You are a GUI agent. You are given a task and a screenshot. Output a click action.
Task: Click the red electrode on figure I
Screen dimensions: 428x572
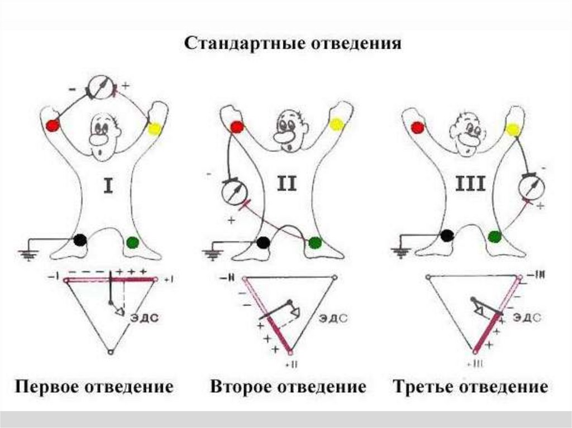pos(53,124)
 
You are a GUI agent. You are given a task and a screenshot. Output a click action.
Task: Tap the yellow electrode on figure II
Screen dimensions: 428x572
pos(336,124)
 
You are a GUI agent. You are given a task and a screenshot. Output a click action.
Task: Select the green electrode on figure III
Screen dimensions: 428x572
pos(494,237)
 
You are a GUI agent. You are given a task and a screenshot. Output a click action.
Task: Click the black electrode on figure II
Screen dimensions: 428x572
pos(263,243)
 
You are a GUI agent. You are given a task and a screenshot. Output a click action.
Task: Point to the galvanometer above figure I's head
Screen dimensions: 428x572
pos(100,89)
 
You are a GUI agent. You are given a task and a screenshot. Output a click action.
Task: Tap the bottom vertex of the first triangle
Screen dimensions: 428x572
pos(111,352)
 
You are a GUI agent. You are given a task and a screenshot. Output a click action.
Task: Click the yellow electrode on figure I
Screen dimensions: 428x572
pos(154,129)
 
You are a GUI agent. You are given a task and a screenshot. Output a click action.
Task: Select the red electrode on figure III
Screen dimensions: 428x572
pos(417,128)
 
